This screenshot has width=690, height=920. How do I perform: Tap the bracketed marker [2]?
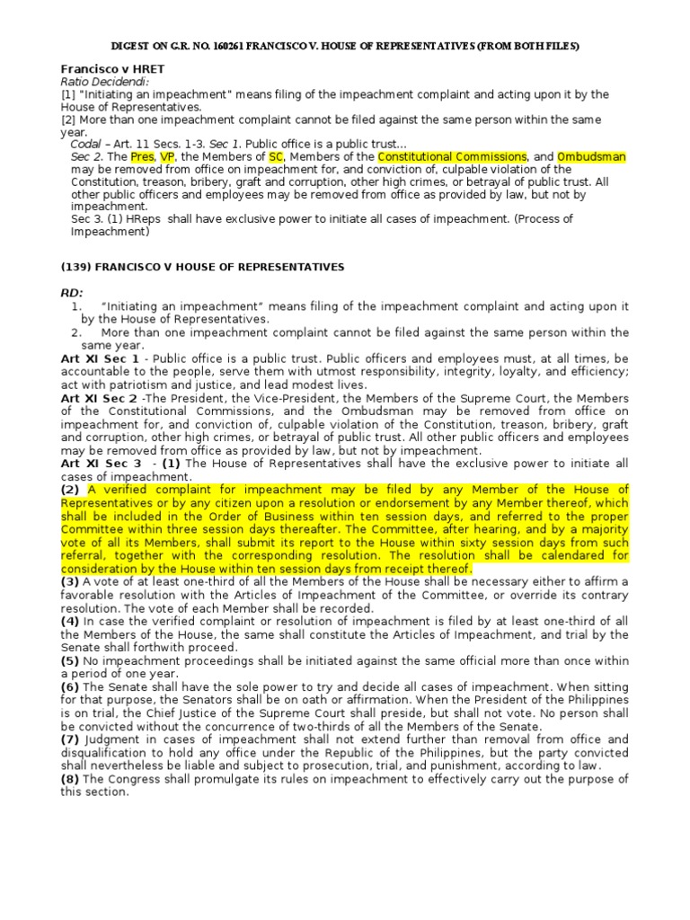(x=68, y=119)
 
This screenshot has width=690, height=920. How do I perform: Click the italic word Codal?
(x=85, y=144)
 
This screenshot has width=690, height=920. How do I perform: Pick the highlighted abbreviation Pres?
(x=142, y=157)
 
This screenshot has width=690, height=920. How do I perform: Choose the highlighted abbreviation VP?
(x=167, y=157)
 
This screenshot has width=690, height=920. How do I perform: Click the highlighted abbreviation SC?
(x=276, y=157)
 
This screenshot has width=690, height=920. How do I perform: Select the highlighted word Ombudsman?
(x=591, y=157)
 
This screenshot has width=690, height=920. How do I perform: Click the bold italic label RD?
(x=72, y=293)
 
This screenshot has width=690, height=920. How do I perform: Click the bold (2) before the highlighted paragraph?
(x=71, y=490)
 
